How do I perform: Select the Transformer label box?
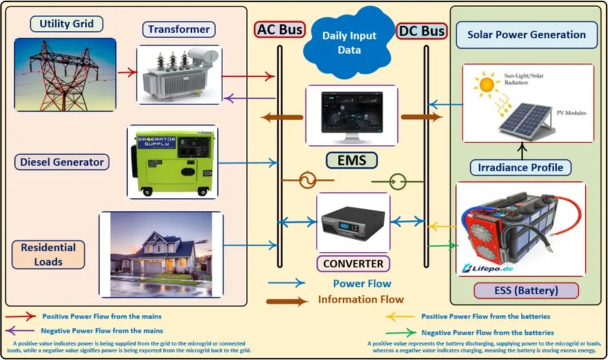click(179, 30)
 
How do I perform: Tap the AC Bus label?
click(280, 29)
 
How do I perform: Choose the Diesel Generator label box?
click(62, 162)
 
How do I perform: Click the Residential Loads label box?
click(48, 254)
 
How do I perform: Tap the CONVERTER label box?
click(353, 263)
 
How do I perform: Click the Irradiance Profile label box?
click(521, 167)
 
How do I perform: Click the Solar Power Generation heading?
click(526, 34)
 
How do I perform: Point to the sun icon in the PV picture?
click(487, 84)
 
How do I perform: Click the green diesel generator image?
click(172, 161)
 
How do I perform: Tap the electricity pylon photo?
click(65, 75)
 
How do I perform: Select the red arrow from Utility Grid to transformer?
click(127, 73)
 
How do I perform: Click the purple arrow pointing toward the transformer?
click(249, 99)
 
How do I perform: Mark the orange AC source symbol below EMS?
click(308, 180)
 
